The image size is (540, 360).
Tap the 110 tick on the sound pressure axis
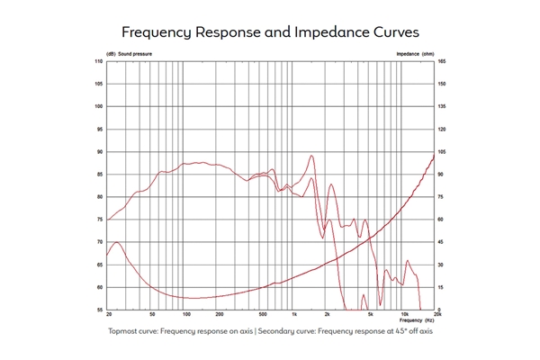point(98,61)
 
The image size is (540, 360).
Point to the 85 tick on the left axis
point(99,175)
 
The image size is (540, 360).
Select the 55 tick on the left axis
point(99,310)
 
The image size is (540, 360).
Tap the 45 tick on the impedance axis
point(441,243)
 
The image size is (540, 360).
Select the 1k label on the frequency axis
point(294,316)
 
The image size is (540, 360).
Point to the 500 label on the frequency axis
point(262,316)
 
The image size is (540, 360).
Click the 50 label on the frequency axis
point(152,316)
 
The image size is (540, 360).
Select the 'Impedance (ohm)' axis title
point(415,54)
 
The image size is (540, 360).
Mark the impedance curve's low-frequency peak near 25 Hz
point(117,242)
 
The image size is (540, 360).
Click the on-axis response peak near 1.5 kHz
point(311,156)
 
